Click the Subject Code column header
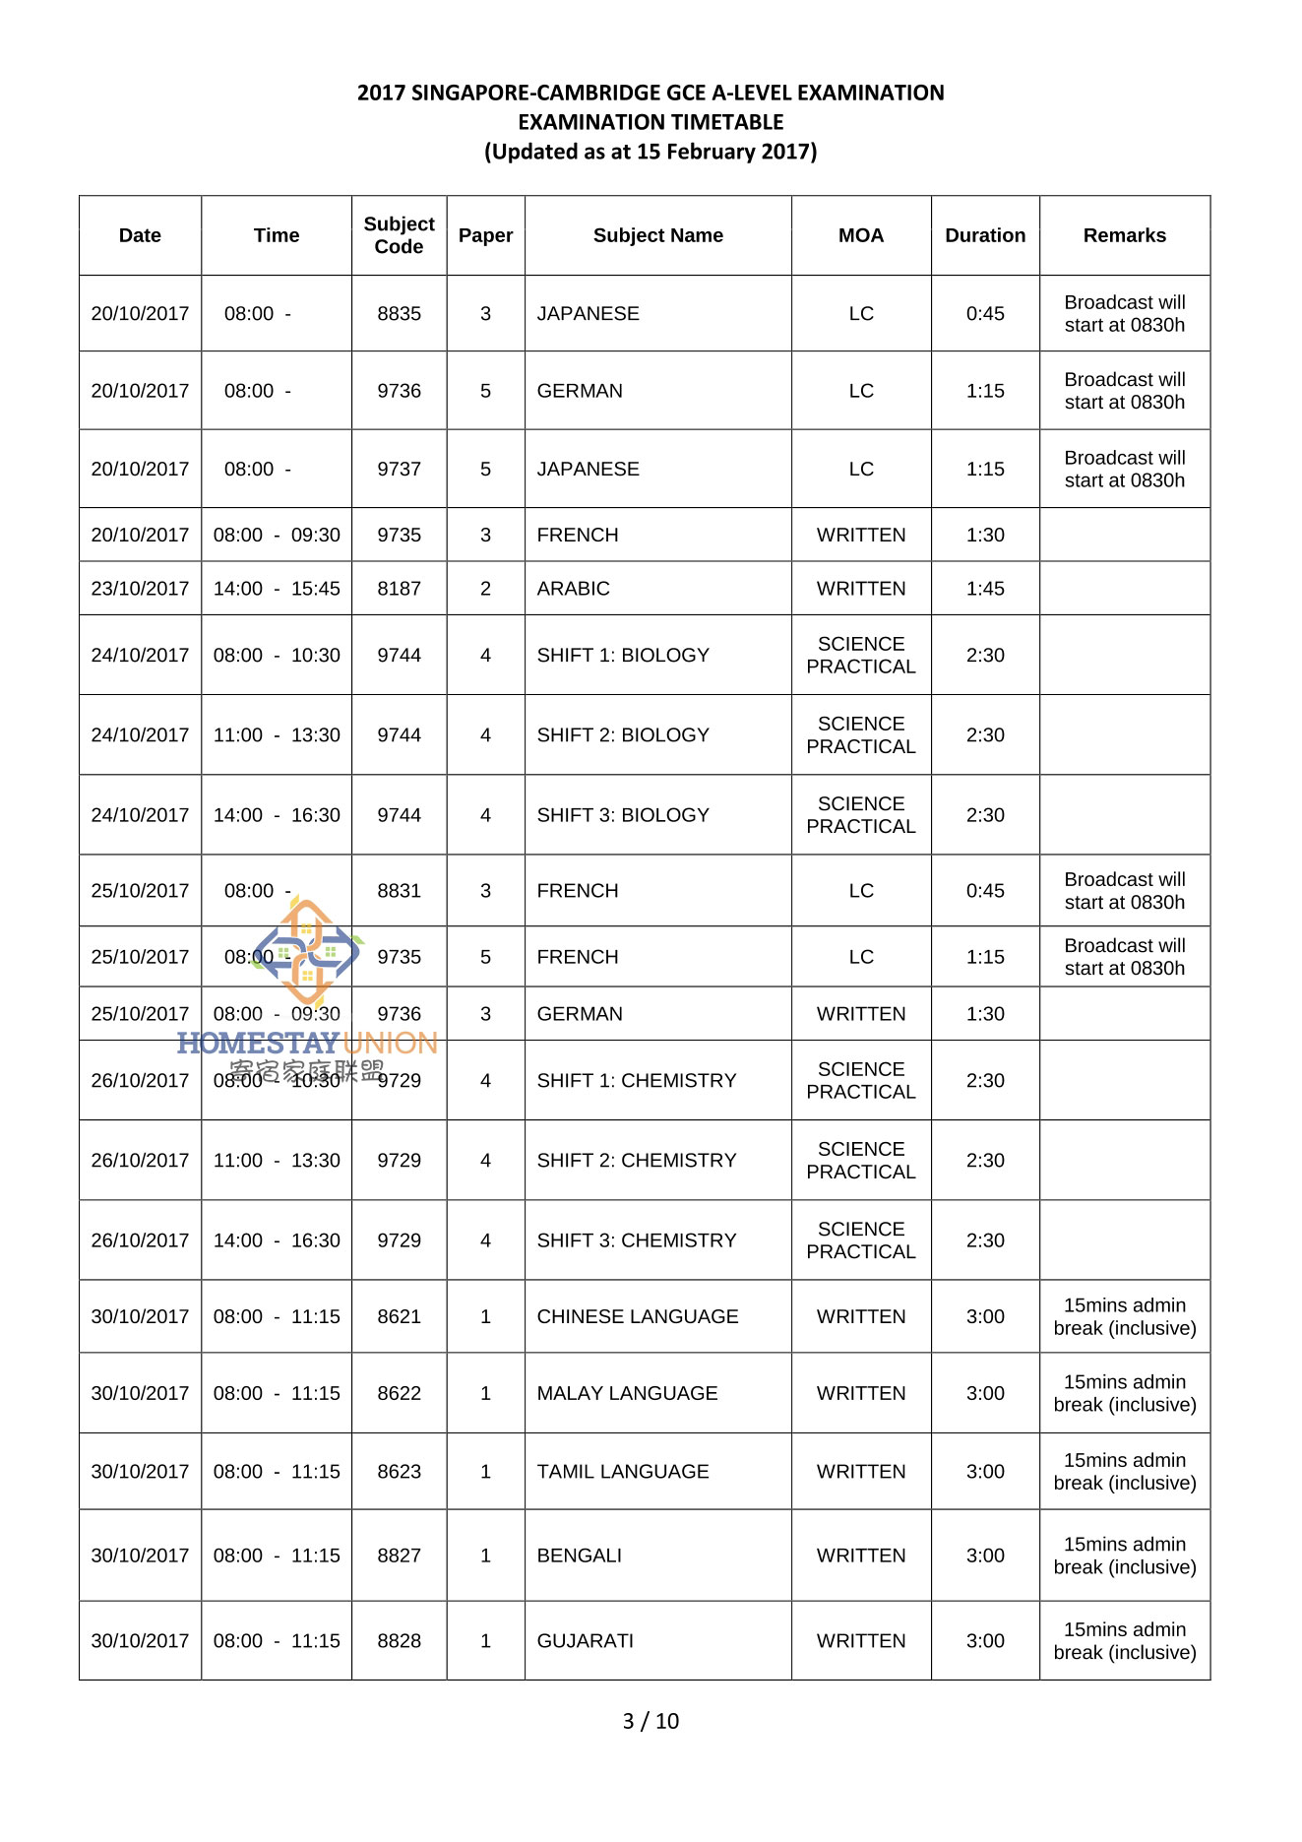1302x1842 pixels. click(399, 235)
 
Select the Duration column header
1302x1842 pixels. click(984, 235)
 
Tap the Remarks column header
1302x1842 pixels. click(1124, 235)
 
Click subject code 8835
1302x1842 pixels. click(399, 313)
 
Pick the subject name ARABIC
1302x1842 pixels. click(573, 589)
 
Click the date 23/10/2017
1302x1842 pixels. click(140, 589)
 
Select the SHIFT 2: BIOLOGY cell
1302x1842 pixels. click(622, 735)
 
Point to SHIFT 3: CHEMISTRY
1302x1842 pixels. click(636, 1240)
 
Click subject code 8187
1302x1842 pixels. click(399, 589)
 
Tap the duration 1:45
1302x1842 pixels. click(984, 589)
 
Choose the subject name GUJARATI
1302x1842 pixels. click(585, 1641)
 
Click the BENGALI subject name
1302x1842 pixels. click(579, 1556)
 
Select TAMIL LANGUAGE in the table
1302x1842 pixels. click(622, 1472)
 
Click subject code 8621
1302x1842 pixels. click(399, 1317)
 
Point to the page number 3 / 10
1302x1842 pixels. click(651, 1721)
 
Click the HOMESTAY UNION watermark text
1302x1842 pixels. click(307, 1044)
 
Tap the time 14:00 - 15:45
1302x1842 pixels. click(277, 589)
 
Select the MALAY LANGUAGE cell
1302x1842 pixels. click(627, 1394)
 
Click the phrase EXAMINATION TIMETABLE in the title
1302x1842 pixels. click(651, 122)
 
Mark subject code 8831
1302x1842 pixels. click(399, 891)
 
